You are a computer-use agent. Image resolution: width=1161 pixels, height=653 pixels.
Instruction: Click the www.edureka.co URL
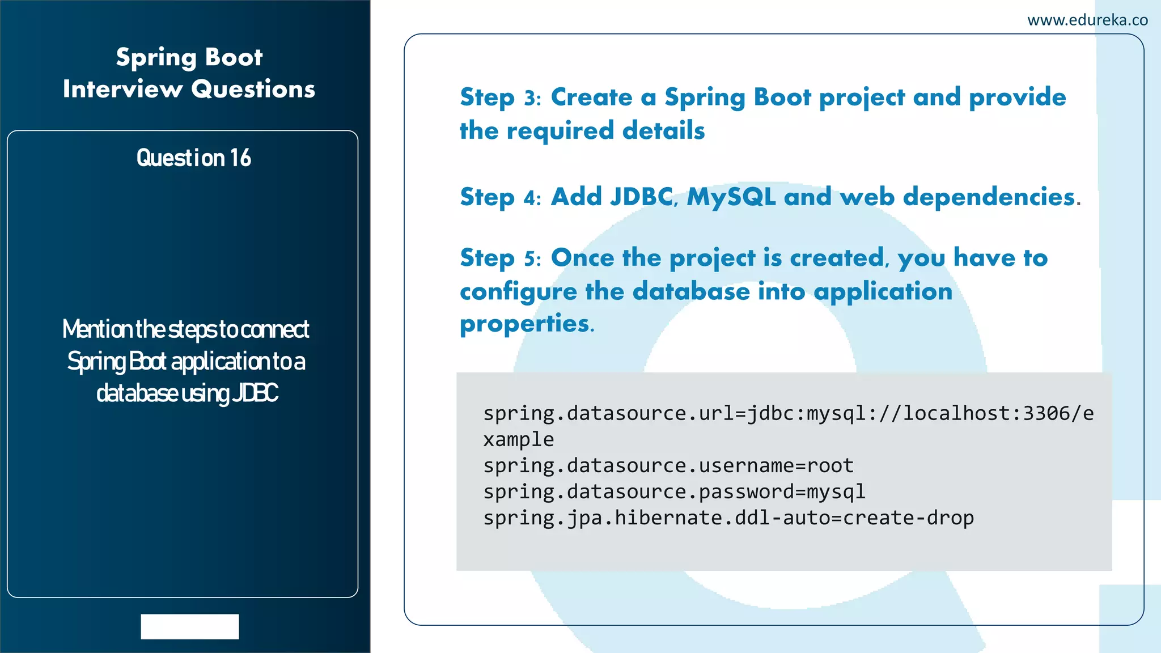click(x=1087, y=20)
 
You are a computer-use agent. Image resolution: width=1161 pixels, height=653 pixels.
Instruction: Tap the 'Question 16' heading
click(x=193, y=158)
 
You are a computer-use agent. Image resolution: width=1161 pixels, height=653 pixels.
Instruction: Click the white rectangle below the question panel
click(x=190, y=626)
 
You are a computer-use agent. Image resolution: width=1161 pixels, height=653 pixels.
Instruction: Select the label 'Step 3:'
click(x=501, y=98)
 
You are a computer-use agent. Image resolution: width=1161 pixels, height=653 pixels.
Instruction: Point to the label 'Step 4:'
click(x=501, y=198)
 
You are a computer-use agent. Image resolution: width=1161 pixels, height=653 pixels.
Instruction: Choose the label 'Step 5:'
click(x=501, y=258)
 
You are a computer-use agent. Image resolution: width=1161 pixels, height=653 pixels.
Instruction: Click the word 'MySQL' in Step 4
click(x=731, y=197)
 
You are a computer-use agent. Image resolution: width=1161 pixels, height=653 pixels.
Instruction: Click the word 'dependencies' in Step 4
click(x=989, y=197)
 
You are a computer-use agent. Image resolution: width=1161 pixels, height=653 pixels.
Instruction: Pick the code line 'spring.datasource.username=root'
click(x=668, y=465)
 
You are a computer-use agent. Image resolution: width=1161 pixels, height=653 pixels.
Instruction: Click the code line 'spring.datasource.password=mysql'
click(x=674, y=491)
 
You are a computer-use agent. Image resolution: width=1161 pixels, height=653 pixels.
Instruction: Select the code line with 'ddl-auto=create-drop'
click(x=728, y=518)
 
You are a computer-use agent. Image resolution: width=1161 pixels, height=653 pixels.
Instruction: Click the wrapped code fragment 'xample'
click(x=518, y=439)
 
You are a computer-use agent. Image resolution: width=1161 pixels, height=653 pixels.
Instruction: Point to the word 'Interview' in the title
click(x=122, y=89)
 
